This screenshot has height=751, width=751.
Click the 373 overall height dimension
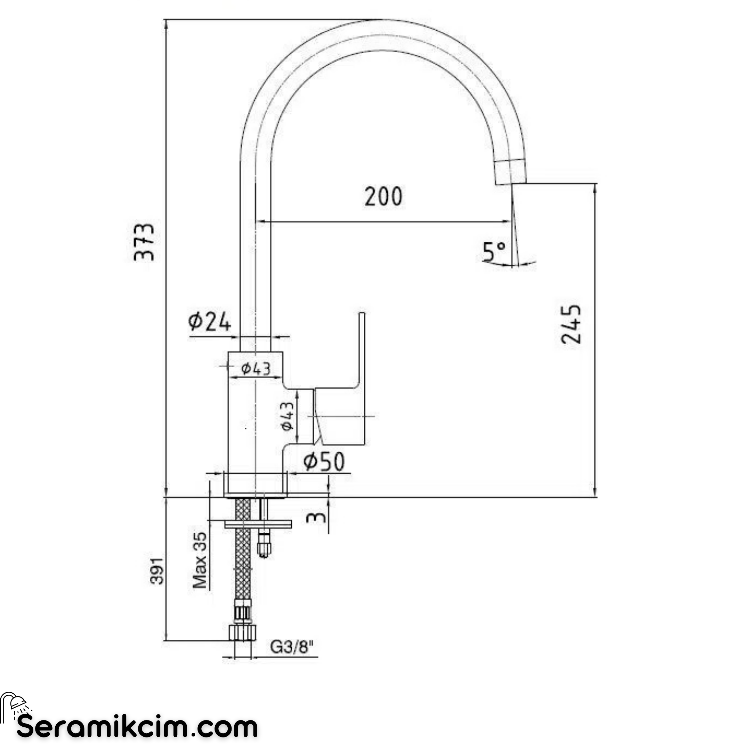point(144,241)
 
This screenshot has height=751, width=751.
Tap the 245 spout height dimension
point(571,324)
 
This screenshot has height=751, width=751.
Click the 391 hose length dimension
point(158,571)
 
